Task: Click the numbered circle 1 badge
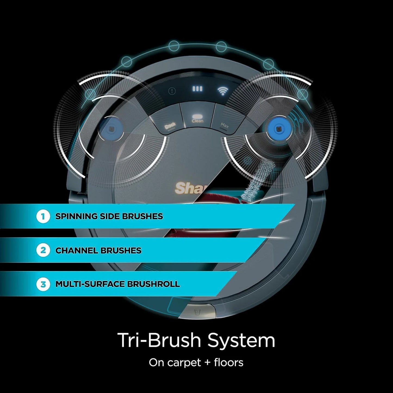pyautogui.click(x=43, y=217)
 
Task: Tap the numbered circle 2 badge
pyautogui.click(x=43, y=250)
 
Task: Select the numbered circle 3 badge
pyautogui.click(x=43, y=284)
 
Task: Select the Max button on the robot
pyautogui.click(x=225, y=125)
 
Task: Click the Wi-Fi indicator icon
pyautogui.click(x=223, y=91)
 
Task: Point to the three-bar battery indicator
pyautogui.click(x=197, y=89)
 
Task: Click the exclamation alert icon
pyautogui.click(x=172, y=91)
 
